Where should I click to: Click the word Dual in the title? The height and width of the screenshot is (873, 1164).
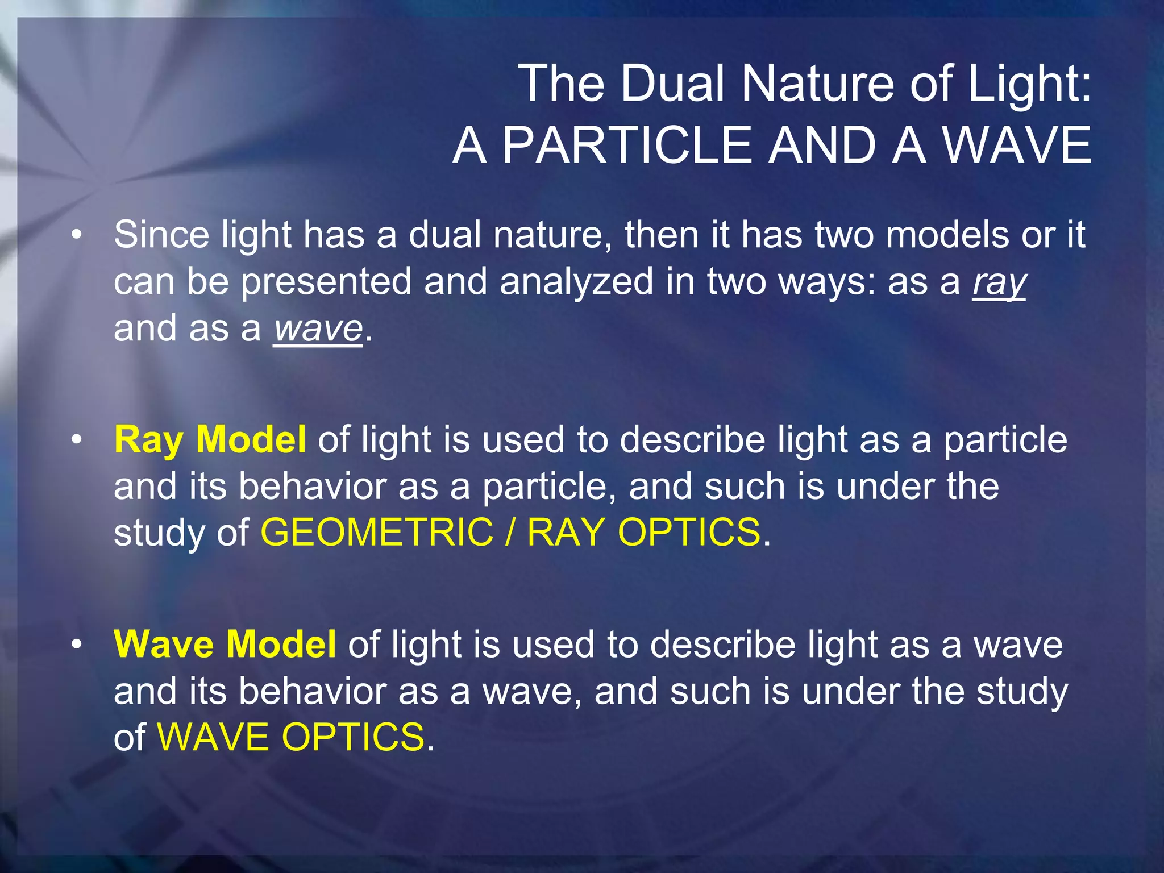click(x=671, y=84)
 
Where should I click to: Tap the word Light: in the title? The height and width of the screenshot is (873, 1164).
click(x=1029, y=84)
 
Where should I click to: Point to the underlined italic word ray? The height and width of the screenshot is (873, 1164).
click(x=999, y=282)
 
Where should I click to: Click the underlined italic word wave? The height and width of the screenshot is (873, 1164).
click(x=318, y=329)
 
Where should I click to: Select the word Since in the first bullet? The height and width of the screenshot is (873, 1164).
click(x=161, y=234)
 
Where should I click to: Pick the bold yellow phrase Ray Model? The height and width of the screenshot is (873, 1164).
click(x=210, y=439)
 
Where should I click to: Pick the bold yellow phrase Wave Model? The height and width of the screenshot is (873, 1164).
click(x=225, y=645)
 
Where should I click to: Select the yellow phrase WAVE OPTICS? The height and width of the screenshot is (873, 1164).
click(x=290, y=737)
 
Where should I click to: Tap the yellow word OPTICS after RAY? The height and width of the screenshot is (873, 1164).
click(x=688, y=533)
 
